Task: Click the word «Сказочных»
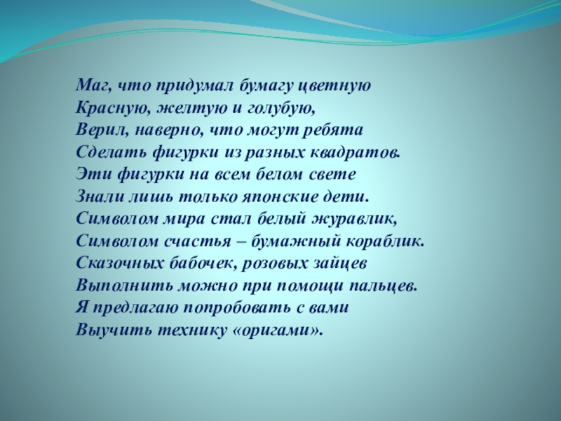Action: (114, 263)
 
